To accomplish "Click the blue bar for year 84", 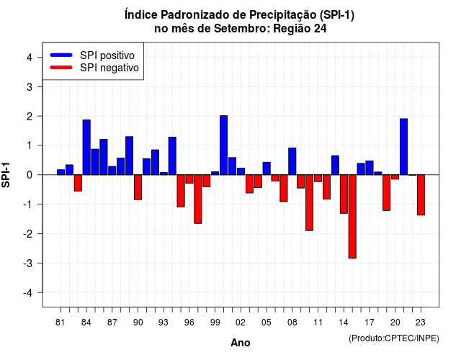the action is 86,147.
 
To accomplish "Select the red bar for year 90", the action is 138,187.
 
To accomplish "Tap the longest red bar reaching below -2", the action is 352,217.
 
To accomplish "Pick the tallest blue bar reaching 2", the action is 224,145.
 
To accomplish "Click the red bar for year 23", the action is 421,195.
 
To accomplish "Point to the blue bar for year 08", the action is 292,161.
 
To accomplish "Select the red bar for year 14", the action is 344,194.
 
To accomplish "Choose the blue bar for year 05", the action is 267,168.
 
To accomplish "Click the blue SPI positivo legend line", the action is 61,55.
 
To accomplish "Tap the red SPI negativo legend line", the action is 61,67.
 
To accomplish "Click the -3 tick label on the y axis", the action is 28,263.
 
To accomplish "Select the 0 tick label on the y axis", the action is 30,175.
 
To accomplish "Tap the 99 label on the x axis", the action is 215,323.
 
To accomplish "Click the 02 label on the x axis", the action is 241,323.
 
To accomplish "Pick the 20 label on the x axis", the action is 395,323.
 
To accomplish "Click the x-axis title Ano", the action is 241,343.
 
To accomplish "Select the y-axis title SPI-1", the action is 6,175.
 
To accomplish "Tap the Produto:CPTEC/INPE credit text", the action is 394,338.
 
